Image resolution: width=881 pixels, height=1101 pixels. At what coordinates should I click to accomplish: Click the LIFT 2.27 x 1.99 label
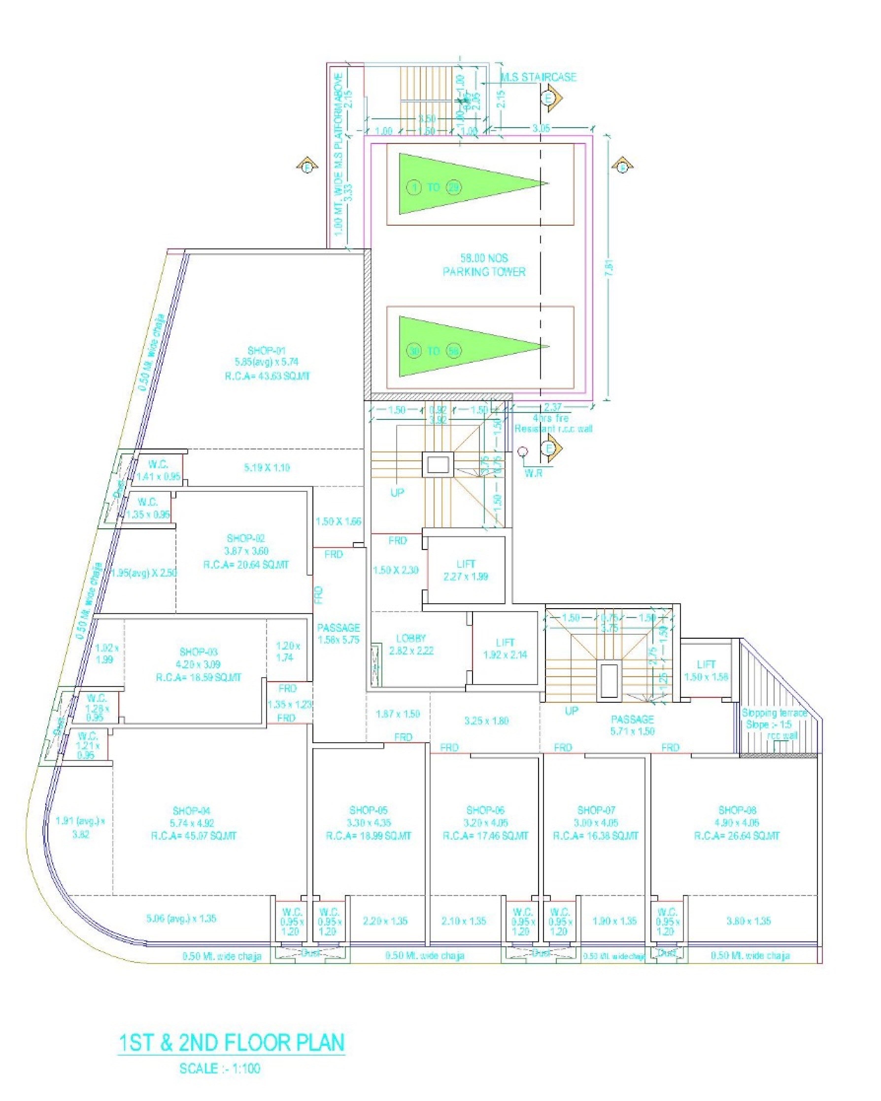[466, 570]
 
